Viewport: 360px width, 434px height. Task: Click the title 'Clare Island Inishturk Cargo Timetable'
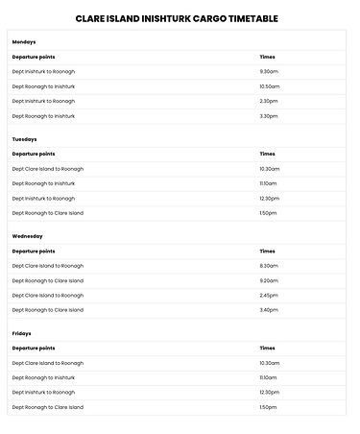179,17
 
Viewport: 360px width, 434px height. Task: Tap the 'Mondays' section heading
25,42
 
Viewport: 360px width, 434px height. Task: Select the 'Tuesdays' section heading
25,139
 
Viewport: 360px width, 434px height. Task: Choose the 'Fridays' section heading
22,333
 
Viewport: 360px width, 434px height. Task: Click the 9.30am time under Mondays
269,71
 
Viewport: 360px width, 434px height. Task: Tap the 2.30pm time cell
269,101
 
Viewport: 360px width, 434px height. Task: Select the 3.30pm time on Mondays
269,116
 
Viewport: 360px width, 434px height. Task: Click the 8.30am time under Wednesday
269,266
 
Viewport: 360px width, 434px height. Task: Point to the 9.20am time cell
269,280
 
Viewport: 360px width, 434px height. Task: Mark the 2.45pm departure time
269,296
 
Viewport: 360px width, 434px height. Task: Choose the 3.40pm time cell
269,310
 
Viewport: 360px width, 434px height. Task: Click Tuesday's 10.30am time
270,169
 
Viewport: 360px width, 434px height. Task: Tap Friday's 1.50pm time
268,407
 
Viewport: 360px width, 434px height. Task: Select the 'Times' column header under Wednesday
267,251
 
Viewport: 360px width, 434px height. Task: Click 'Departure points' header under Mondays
34,57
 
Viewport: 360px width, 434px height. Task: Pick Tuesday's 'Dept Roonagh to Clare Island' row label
48,213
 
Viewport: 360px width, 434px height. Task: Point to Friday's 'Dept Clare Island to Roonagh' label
48,363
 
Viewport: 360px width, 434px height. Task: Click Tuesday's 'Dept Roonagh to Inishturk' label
43,183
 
